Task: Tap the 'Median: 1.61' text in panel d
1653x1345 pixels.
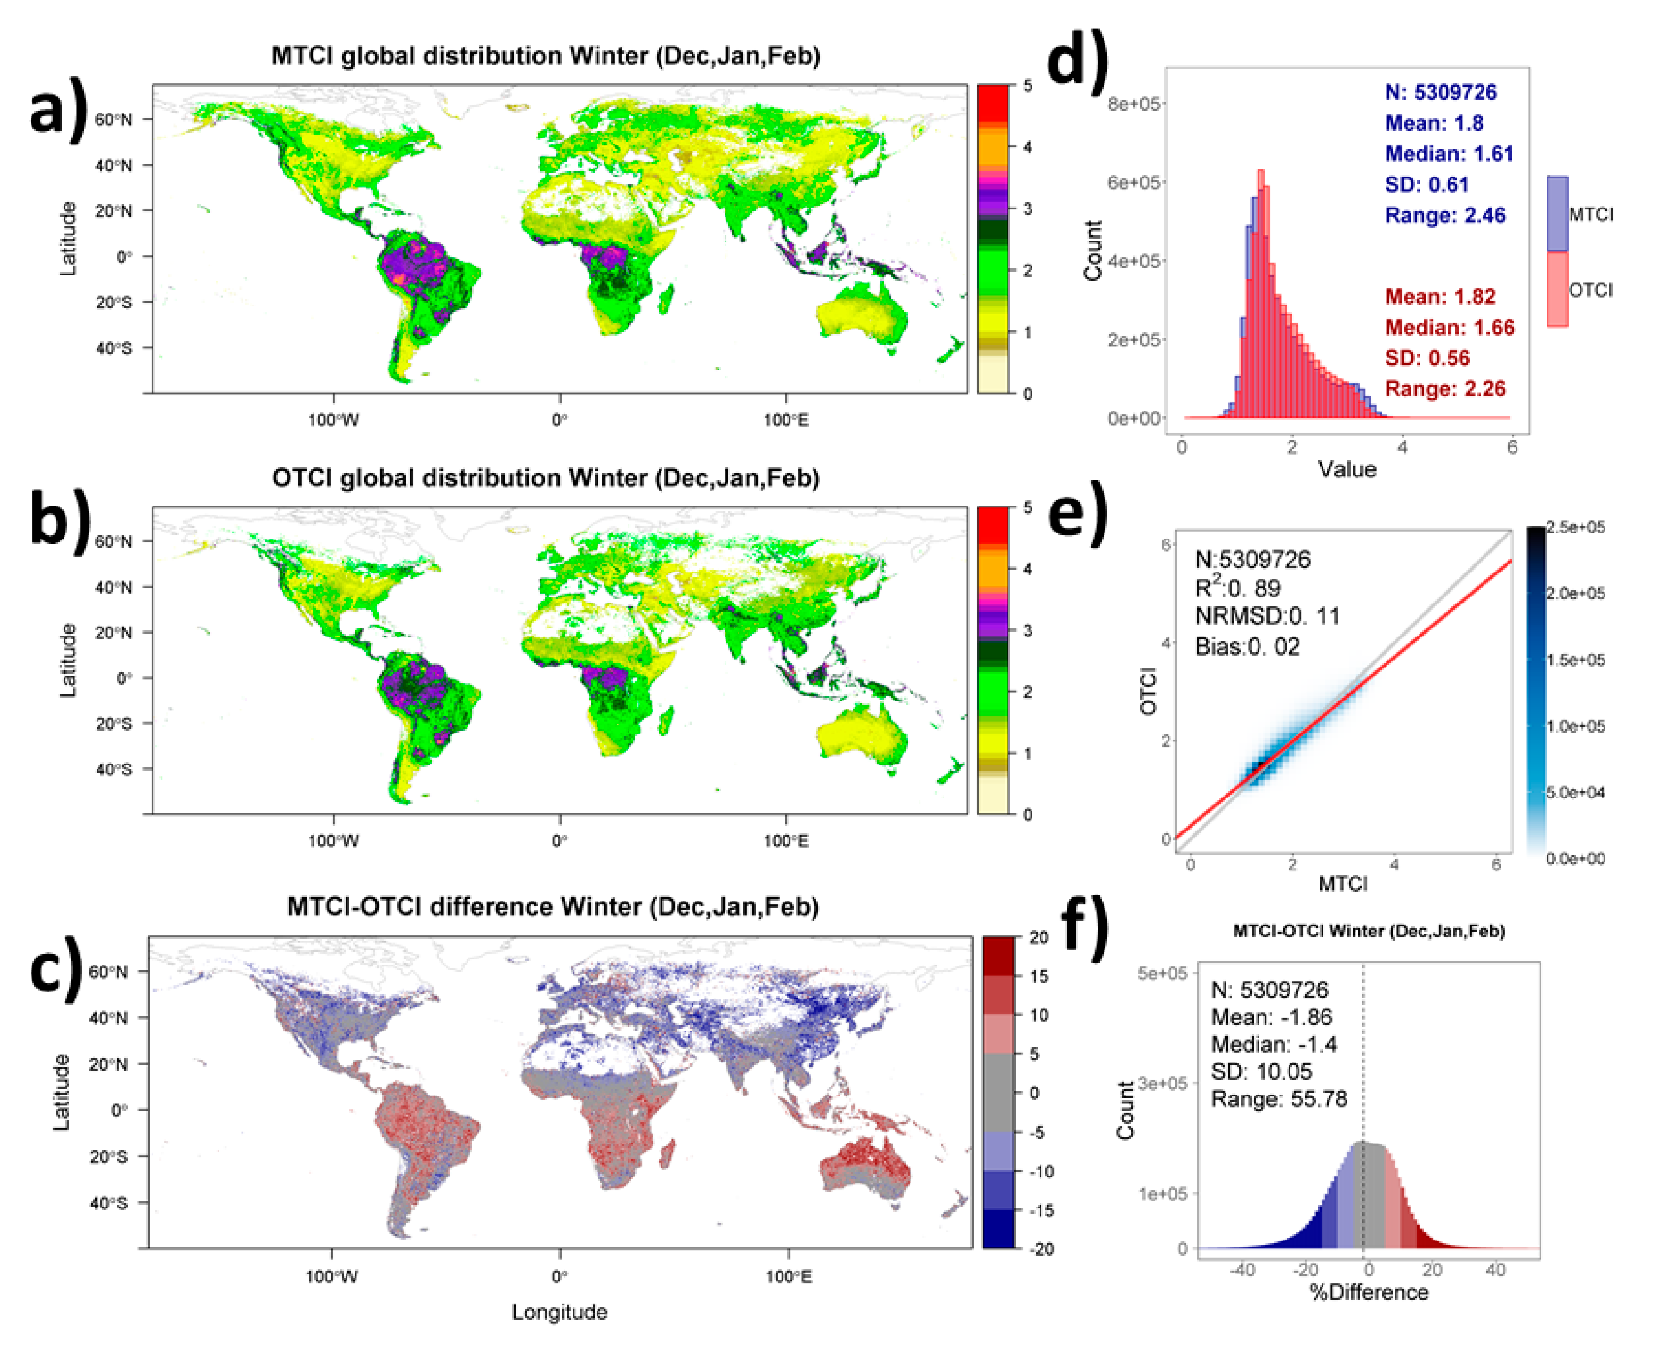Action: point(1449,153)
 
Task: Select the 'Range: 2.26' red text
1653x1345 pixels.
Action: point(1444,388)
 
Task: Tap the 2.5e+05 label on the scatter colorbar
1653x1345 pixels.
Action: point(1575,527)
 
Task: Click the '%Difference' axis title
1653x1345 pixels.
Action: point(1369,1292)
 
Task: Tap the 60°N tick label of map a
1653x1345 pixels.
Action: point(113,119)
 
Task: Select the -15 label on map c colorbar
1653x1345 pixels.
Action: point(1041,1210)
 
